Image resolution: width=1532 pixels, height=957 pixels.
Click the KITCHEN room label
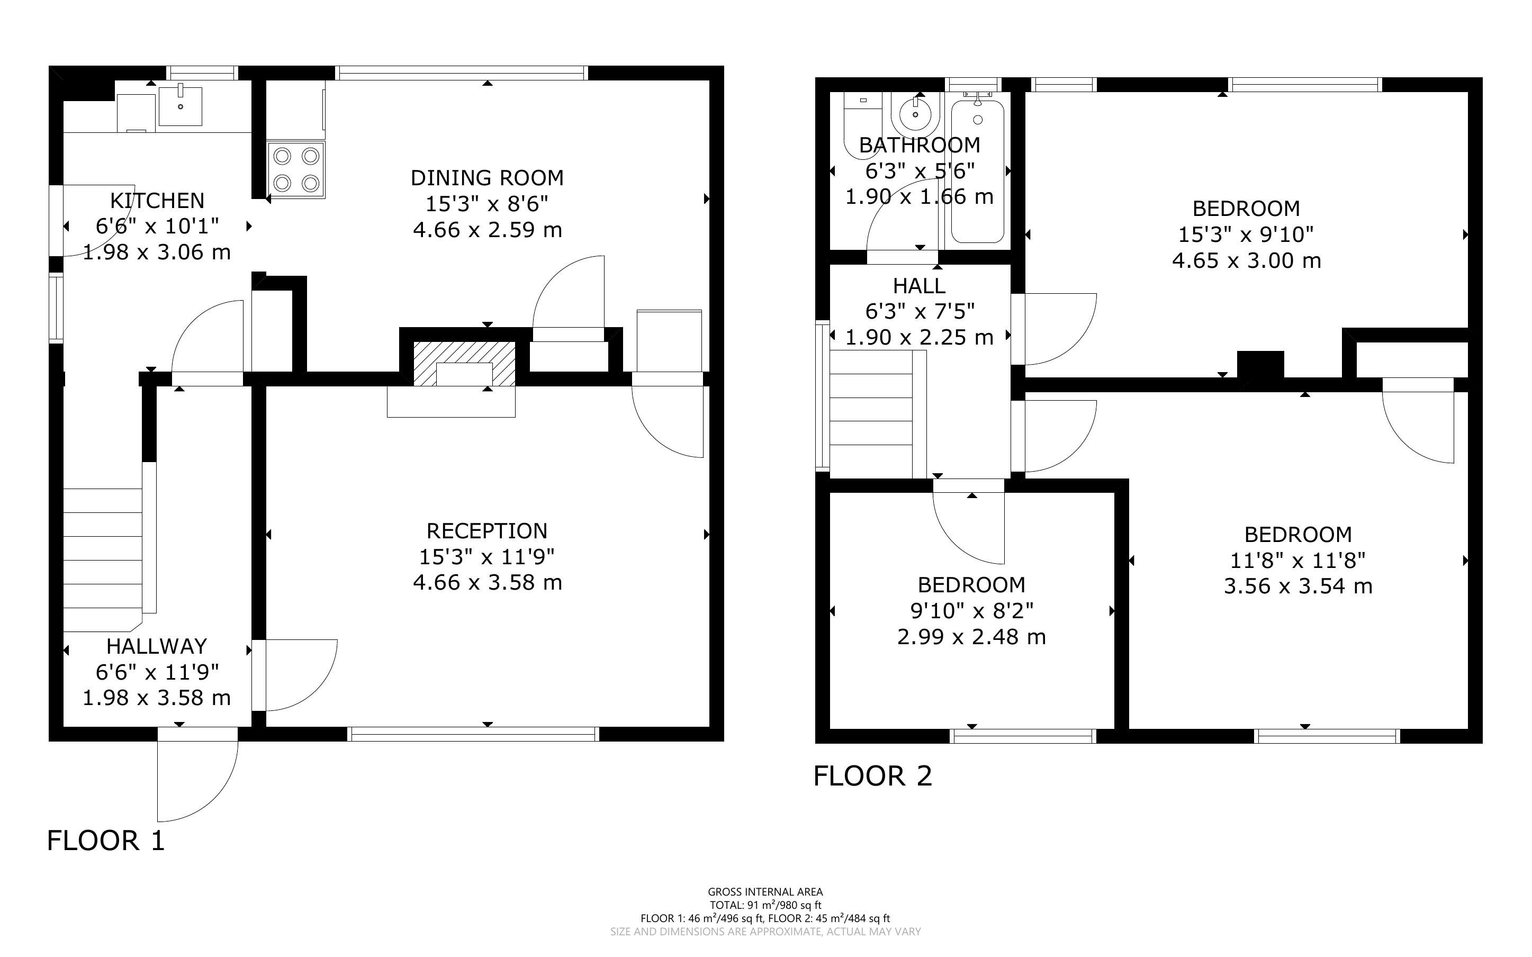(157, 201)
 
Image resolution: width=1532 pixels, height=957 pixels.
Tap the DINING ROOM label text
(486, 178)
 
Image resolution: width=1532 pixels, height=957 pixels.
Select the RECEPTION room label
(486, 530)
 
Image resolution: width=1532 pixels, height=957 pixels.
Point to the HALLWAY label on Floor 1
(156, 646)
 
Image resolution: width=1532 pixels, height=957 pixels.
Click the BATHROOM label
(920, 145)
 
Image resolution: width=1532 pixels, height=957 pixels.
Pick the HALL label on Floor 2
(919, 286)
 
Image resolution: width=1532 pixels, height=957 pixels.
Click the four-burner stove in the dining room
(296, 169)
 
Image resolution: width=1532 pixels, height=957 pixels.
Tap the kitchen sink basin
(181, 106)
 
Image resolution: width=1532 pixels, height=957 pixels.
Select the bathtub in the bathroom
(978, 171)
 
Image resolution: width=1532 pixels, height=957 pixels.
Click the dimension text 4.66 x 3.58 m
(487, 582)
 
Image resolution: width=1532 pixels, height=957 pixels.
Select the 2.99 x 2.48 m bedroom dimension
(971, 637)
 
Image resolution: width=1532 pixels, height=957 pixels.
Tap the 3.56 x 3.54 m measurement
(1298, 586)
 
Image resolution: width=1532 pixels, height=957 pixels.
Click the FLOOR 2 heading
(872, 776)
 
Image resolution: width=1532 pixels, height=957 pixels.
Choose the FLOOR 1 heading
(106, 841)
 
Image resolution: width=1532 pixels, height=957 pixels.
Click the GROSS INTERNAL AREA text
(765, 892)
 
